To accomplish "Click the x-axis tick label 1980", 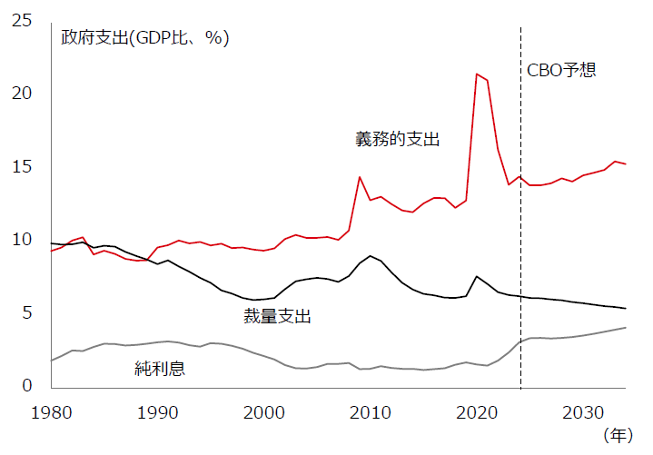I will point(52,412).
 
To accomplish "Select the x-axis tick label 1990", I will point(158,412).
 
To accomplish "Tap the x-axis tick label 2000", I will point(265,412).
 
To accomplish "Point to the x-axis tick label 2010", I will point(371,412).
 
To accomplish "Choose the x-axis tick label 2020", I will point(477,412).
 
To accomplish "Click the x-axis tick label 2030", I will point(583,412).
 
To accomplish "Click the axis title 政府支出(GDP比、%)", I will point(145,38).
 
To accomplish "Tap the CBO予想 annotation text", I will point(562,70).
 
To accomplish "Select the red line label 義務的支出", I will point(397,139).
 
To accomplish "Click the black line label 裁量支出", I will point(277,316).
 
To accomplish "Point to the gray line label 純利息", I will point(162,368).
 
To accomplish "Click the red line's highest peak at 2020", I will point(477,74).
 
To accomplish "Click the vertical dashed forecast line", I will point(520,227).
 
